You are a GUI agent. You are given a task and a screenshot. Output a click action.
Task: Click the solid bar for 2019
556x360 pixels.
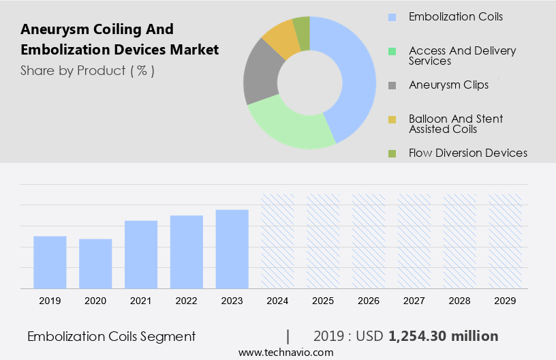coord(50,262)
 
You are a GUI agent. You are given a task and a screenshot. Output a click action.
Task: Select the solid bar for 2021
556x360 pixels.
coord(141,254)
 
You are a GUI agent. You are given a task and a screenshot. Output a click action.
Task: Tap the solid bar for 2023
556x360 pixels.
coord(232,248)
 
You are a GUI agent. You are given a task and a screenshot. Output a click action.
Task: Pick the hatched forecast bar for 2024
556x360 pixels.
coord(278,241)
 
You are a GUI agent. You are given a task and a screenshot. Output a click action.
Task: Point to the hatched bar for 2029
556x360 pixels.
coord(506,241)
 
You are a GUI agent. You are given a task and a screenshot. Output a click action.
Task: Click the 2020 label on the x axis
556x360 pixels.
coord(95,301)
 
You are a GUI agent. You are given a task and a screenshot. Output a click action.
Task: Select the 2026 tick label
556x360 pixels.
coord(369,301)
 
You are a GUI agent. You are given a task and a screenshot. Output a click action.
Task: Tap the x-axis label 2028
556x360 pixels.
coord(460,301)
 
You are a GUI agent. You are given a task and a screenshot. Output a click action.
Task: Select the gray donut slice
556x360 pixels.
coord(259,75)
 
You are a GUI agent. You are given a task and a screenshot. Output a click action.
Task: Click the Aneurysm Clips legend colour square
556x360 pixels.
coord(392,85)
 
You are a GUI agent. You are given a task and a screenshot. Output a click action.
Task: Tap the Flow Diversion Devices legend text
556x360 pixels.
coord(467,153)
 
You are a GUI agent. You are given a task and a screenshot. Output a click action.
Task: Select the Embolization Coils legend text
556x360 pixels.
coord(455,16)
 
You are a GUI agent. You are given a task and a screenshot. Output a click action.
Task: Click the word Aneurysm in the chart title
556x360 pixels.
coord(51,29)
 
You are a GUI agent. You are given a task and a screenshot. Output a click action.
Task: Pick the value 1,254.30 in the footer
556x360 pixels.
coord(418,336)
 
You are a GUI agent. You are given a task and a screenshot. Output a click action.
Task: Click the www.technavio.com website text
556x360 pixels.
coord(286,352)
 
